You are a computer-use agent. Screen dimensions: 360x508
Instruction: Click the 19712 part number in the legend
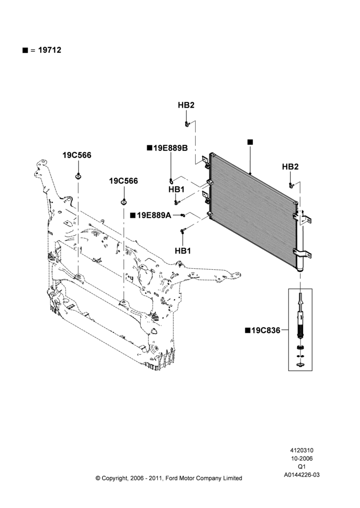click(x=50, y=50)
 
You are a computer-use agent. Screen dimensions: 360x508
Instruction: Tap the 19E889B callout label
click(x=170, y=148)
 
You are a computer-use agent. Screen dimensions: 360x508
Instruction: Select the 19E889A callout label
click(x=154, y=215)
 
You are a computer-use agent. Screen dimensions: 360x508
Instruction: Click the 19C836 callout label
click(x=265, y=331)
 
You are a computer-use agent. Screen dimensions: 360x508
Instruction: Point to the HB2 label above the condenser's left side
click(x=186, y=105)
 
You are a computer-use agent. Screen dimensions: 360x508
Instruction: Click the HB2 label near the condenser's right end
click(x=290, y=167)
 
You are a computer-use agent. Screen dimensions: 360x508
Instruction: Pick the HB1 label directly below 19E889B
click(x=176, y=189)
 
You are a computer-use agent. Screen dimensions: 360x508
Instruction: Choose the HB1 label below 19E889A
click(x=183, y=251)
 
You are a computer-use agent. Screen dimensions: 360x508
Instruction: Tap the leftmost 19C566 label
click(x=77, y=155)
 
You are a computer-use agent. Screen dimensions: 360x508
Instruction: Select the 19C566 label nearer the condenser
click(x=123, y=181)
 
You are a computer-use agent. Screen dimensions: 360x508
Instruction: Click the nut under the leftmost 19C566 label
click(x=78, y=176)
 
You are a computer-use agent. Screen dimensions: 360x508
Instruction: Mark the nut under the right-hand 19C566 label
click(x=124, y=202)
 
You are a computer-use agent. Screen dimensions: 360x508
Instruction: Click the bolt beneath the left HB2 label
click(x=187, y=124)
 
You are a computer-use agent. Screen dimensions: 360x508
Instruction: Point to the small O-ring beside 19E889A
click(x=183, y=215)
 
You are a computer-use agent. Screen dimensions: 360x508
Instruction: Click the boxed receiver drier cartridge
click(x=301, y=330)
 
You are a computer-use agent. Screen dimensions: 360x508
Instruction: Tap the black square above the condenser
click(x=250, y=142)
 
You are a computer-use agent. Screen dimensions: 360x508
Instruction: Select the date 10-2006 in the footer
click(x=302, y=458)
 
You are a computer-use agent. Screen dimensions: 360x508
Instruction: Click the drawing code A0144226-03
click(x=302, y=475)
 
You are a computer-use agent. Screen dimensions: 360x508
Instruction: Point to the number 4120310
click(x=302, y=450)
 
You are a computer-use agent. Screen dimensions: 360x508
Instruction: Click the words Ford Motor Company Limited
click(x=204, y=478)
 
